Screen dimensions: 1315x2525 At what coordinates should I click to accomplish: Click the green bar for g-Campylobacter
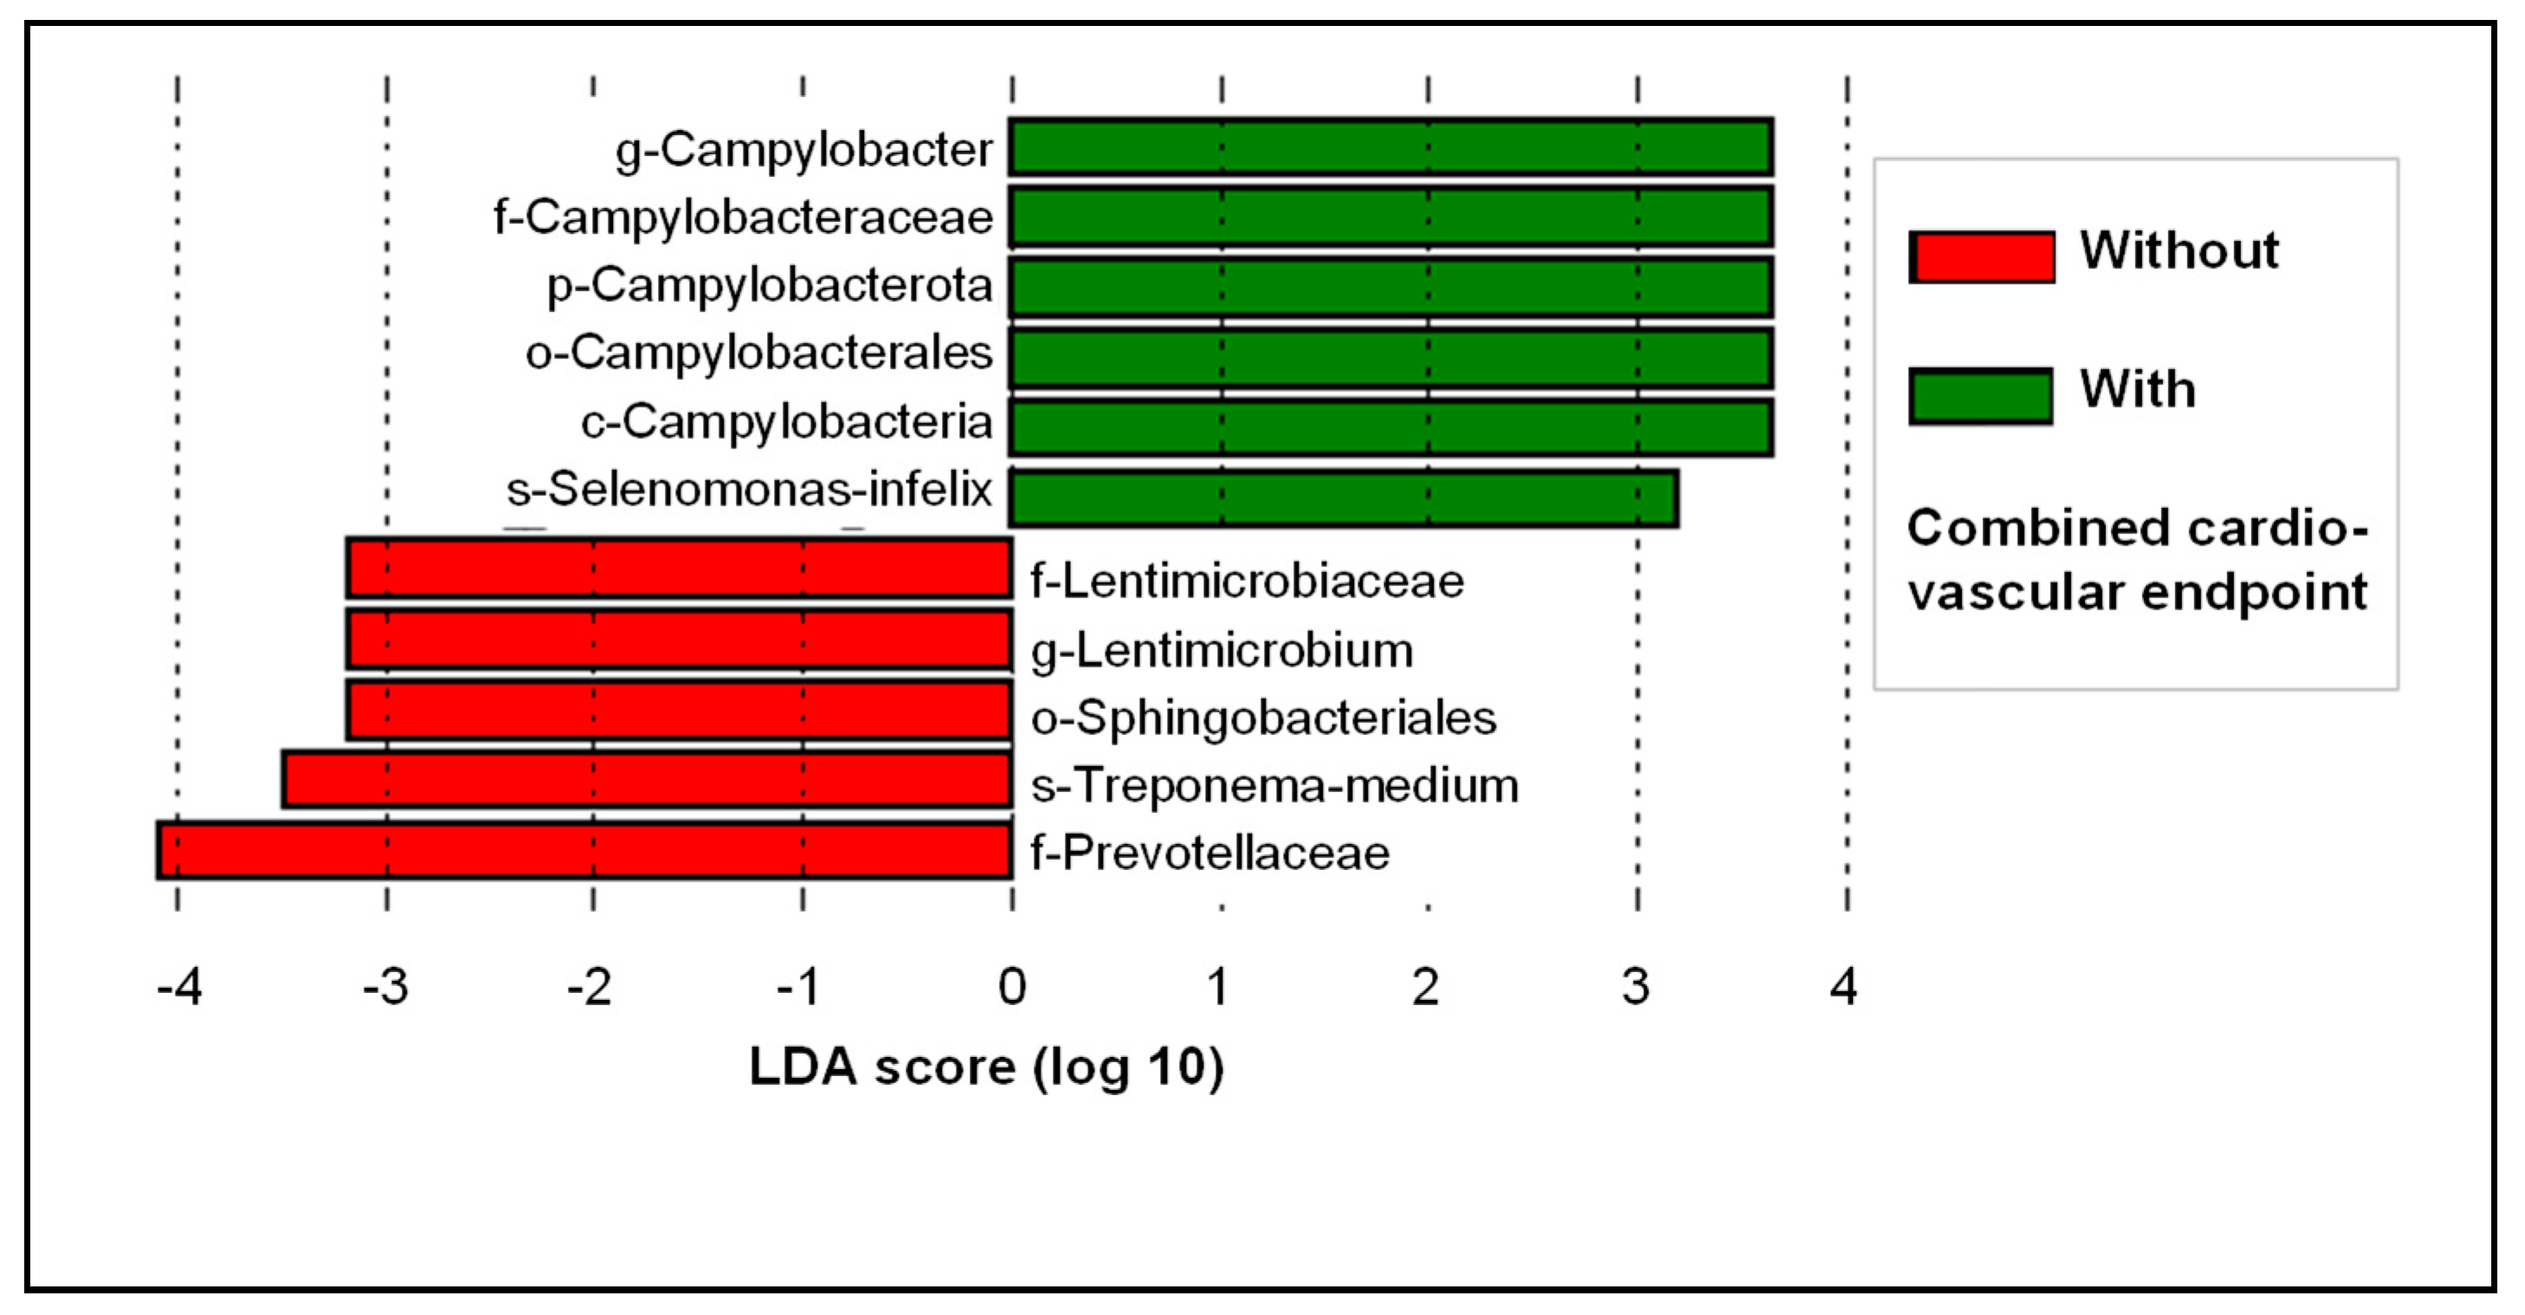click(x=1390, y=147)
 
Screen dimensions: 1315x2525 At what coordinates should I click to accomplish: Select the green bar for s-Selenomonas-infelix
click(x=1343, y=498)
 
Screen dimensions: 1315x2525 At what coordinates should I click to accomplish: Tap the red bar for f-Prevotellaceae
click(x=584, y=850)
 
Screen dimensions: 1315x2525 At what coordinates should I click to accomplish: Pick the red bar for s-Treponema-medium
click(x=647, y=780)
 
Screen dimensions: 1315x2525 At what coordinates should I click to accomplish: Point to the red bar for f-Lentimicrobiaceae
click(x=679, y=568)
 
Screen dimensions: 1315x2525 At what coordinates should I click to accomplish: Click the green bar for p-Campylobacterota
click(x=1390, y=287)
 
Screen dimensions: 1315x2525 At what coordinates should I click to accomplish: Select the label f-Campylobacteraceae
click(x=743, y=217)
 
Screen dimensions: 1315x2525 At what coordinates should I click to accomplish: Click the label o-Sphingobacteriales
click(x=1262, y=718)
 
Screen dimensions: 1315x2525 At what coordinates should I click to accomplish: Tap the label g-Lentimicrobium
click(x=1221, y=650)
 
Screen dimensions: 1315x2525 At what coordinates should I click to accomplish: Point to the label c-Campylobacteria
click(x=786, y=422)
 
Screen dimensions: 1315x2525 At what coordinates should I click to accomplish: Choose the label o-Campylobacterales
click(x=758, y=353)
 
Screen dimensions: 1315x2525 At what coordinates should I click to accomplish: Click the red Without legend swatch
click(x=1981, y=257)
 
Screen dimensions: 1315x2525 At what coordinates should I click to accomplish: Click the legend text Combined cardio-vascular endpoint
click(x=2137, y=560)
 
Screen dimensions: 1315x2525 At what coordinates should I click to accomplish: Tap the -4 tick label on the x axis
click(x=179, y=987)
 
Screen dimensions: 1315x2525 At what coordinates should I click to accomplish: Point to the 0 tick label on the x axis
click(x=1012, y=987)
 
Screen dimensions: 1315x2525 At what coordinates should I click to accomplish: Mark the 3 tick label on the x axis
click(x=1635, y=987)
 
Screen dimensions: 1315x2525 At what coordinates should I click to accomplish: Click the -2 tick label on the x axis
click(x=590, y=987)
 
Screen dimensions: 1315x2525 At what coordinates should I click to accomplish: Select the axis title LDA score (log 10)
click(x=986, y=1067)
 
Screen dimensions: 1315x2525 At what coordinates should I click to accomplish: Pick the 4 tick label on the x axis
click(x=1844, y=987)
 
